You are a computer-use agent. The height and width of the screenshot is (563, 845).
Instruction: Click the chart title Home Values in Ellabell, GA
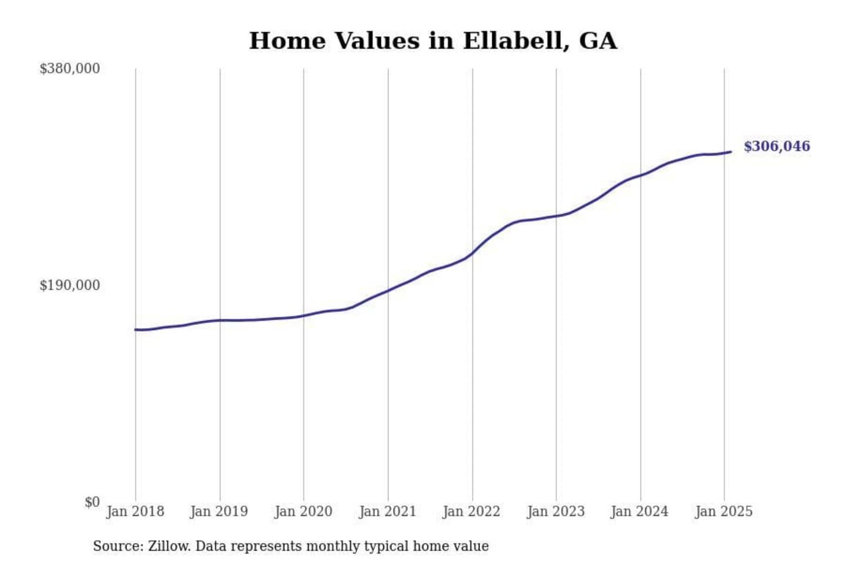tap(433, 41)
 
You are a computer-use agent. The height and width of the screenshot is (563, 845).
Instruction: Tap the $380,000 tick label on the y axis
tap(69, 69)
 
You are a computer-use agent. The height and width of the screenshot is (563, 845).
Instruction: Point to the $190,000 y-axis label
tap(69, 286)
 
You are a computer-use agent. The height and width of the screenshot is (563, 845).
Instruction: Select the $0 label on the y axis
tap(92, 502)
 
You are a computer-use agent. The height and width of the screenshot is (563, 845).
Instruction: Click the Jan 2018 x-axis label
tap(135, 511)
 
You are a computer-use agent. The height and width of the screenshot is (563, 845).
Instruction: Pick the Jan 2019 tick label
tap(219, 511)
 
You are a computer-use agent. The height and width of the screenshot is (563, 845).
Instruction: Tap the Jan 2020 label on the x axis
tap(303, 511)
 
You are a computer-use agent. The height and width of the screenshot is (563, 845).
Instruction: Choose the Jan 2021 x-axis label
tap(387, 511)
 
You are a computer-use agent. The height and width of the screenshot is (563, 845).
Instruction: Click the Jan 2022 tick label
tap(471, 511)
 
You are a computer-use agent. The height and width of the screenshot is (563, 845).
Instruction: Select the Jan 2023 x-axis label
tap(556, 511)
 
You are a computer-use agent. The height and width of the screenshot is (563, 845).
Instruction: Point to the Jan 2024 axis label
tap(639, 511)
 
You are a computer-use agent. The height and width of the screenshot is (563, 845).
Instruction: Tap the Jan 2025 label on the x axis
tap(724, 511)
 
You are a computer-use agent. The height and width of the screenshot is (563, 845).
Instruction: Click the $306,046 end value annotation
tap(777, 146)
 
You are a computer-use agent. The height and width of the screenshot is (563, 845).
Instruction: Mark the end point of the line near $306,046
tap(731, 152)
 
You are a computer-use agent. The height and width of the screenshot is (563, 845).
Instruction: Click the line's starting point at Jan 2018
tap(136, 330)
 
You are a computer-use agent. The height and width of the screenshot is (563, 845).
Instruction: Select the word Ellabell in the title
tap(512, 41)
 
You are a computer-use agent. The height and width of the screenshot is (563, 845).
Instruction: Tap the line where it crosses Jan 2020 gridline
tap(303, 316)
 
